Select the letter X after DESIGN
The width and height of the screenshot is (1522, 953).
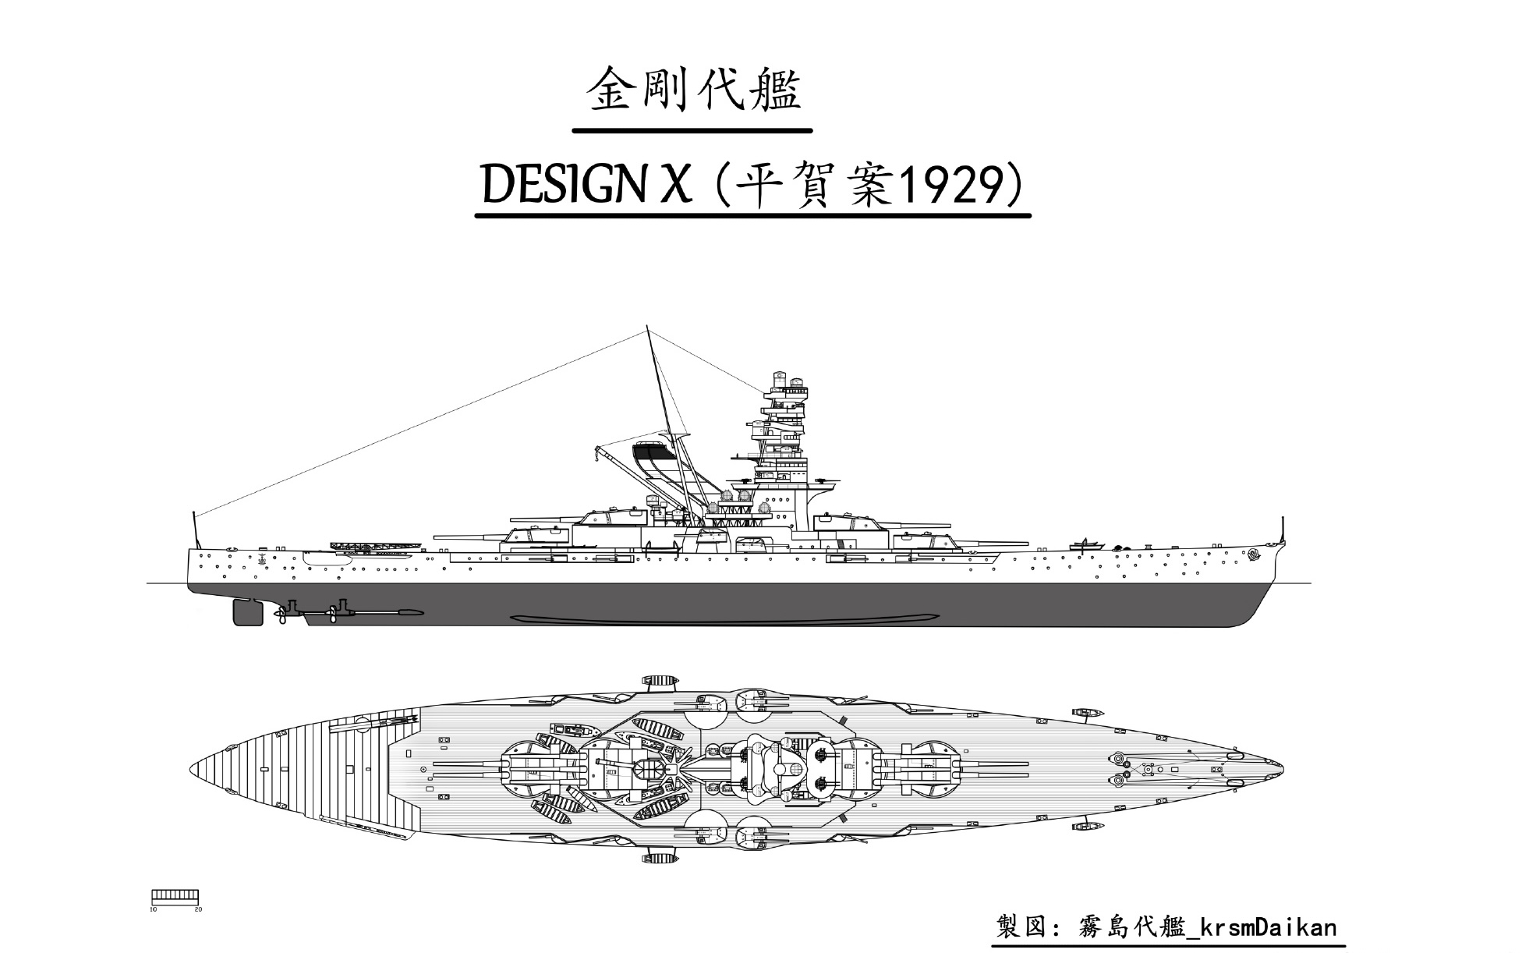675,185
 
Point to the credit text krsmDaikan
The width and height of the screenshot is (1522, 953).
1268,927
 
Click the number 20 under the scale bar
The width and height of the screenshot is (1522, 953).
198,909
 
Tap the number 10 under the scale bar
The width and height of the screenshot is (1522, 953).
154,909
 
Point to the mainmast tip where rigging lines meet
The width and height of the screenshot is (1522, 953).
648,331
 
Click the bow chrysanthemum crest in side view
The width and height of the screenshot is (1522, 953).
1254,554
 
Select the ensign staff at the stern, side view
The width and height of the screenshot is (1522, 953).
193,530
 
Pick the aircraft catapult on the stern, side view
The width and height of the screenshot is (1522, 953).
374,546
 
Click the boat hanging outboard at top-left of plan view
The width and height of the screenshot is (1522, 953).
659,681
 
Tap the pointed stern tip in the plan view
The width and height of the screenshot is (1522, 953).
192,769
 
